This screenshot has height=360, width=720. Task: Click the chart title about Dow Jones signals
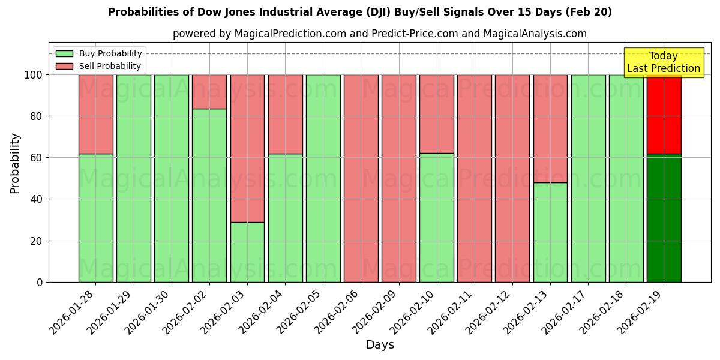click(360, 12)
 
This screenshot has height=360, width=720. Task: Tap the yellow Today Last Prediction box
click(663, 62)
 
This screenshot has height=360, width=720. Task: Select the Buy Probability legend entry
click(110, 53)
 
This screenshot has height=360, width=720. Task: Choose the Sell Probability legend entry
click(110, 66)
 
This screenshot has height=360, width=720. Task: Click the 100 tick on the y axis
click(34, 75)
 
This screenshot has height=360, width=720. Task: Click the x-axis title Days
click(380, 345)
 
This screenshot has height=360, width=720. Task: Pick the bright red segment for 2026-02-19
click(664, 114)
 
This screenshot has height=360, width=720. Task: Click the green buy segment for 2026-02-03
click(247, 252)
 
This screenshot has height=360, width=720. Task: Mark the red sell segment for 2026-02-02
click(209, 91)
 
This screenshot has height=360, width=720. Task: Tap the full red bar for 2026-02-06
click(361, 178)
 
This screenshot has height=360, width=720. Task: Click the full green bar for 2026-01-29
click(134, 178)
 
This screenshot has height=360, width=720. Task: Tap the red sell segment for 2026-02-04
click(285, 114)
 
